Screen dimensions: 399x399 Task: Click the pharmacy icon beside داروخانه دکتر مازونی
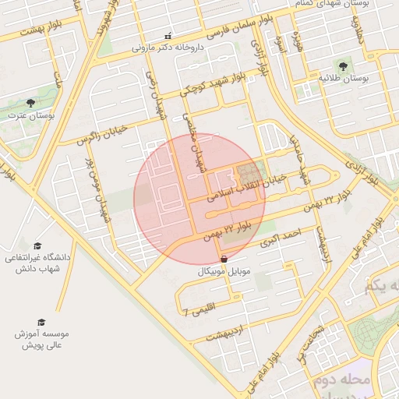(x=168, y=36)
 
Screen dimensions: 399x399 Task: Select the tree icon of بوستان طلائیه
(x=344, y=66)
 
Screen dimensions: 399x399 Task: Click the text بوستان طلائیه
(x=344, y=79)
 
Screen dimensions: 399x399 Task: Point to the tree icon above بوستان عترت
(x=30, y=103)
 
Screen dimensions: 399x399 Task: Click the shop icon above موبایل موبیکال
(x=224, y=259)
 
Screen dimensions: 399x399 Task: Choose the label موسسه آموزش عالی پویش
(x=41, y=338)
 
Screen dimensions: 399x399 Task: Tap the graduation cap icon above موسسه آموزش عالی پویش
(x=41, y=322)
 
